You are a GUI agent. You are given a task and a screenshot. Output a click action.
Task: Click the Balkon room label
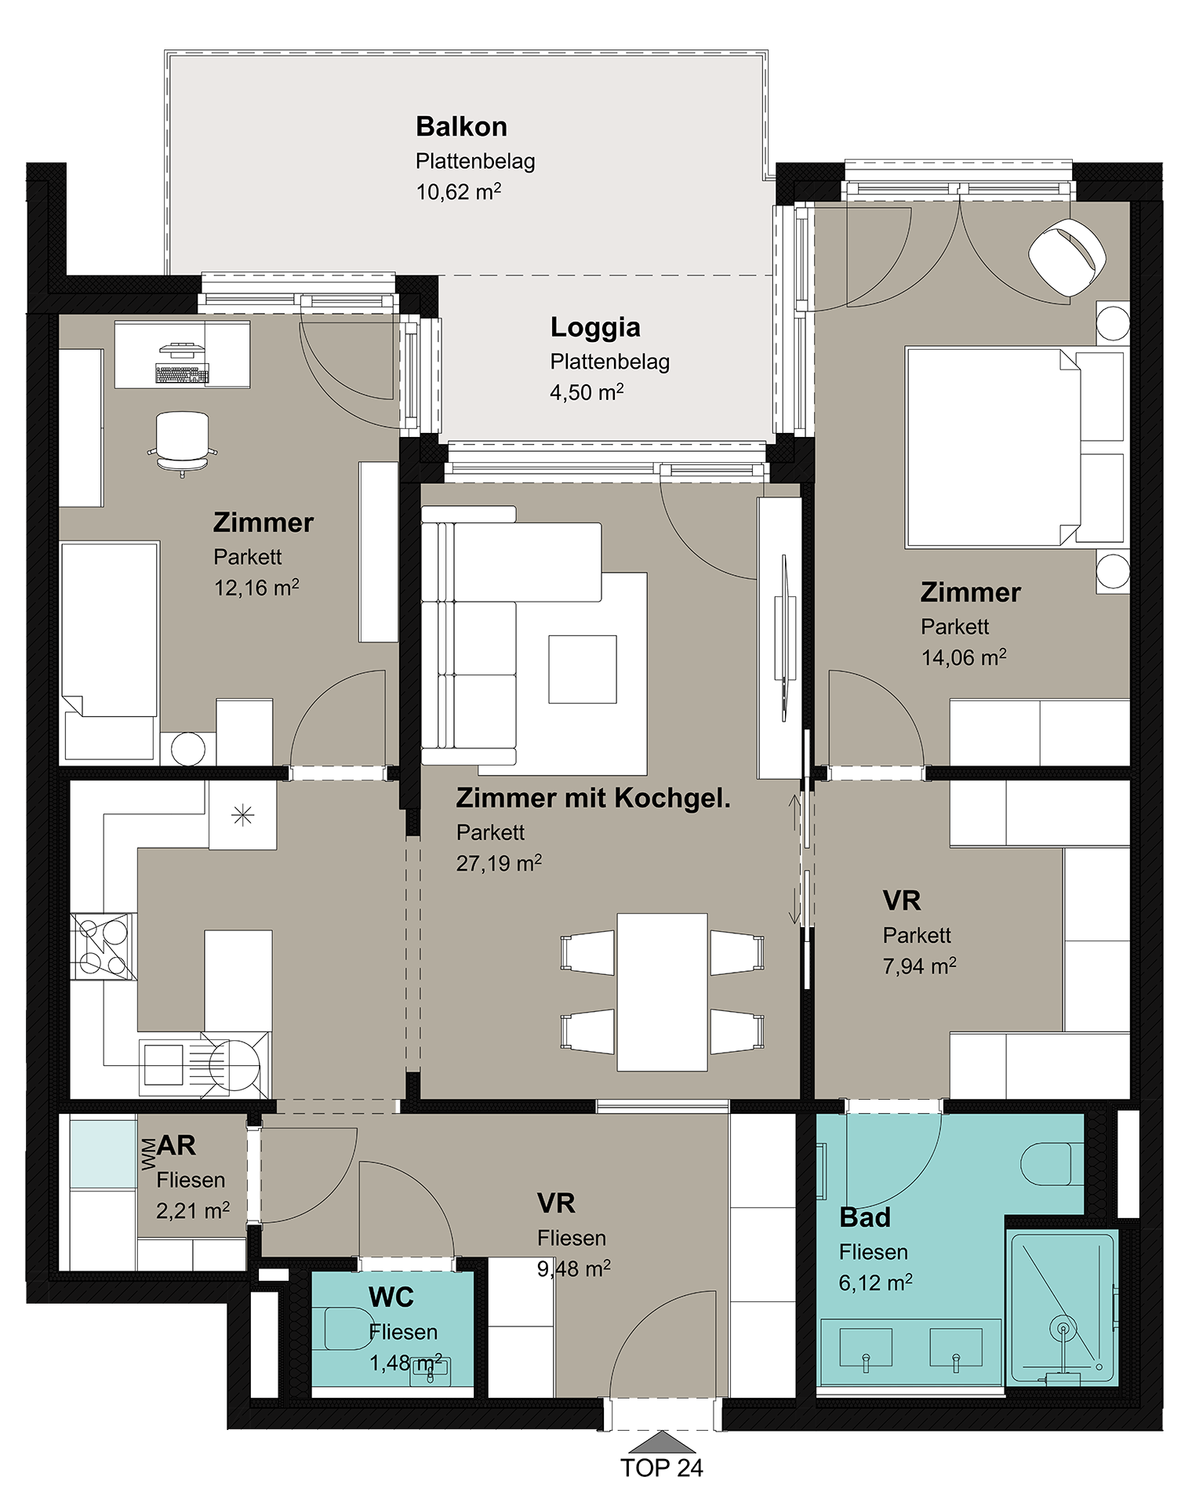[x=461, y=126]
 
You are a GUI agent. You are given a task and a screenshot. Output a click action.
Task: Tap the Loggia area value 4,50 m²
[x=587, y=391]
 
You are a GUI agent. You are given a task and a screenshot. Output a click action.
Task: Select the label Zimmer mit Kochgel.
[x=593, y=798]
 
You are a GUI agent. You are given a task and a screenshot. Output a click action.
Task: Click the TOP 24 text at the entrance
[x=662, y=1468]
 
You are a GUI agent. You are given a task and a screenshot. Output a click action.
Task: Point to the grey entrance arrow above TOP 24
[x=662, y=1441]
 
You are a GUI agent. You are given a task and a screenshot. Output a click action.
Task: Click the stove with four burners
[x=104, y=946]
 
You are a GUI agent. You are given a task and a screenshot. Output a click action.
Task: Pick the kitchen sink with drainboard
[x=204, y=1064]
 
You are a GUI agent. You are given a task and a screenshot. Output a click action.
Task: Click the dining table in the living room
[x=662, y=991]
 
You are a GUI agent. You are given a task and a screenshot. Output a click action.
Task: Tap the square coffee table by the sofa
[x=583, y=669]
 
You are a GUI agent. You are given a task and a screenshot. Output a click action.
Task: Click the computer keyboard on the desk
[x=183, y=374]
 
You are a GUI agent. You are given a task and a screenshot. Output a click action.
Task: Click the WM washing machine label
[x=148, y=1155]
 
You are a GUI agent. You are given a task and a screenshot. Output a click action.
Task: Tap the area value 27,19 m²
[x=499, y=863]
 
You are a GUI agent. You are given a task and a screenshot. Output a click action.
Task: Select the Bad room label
[x=865, y=1217]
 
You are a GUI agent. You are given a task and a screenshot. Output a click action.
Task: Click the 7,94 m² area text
[x=919, y=966]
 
